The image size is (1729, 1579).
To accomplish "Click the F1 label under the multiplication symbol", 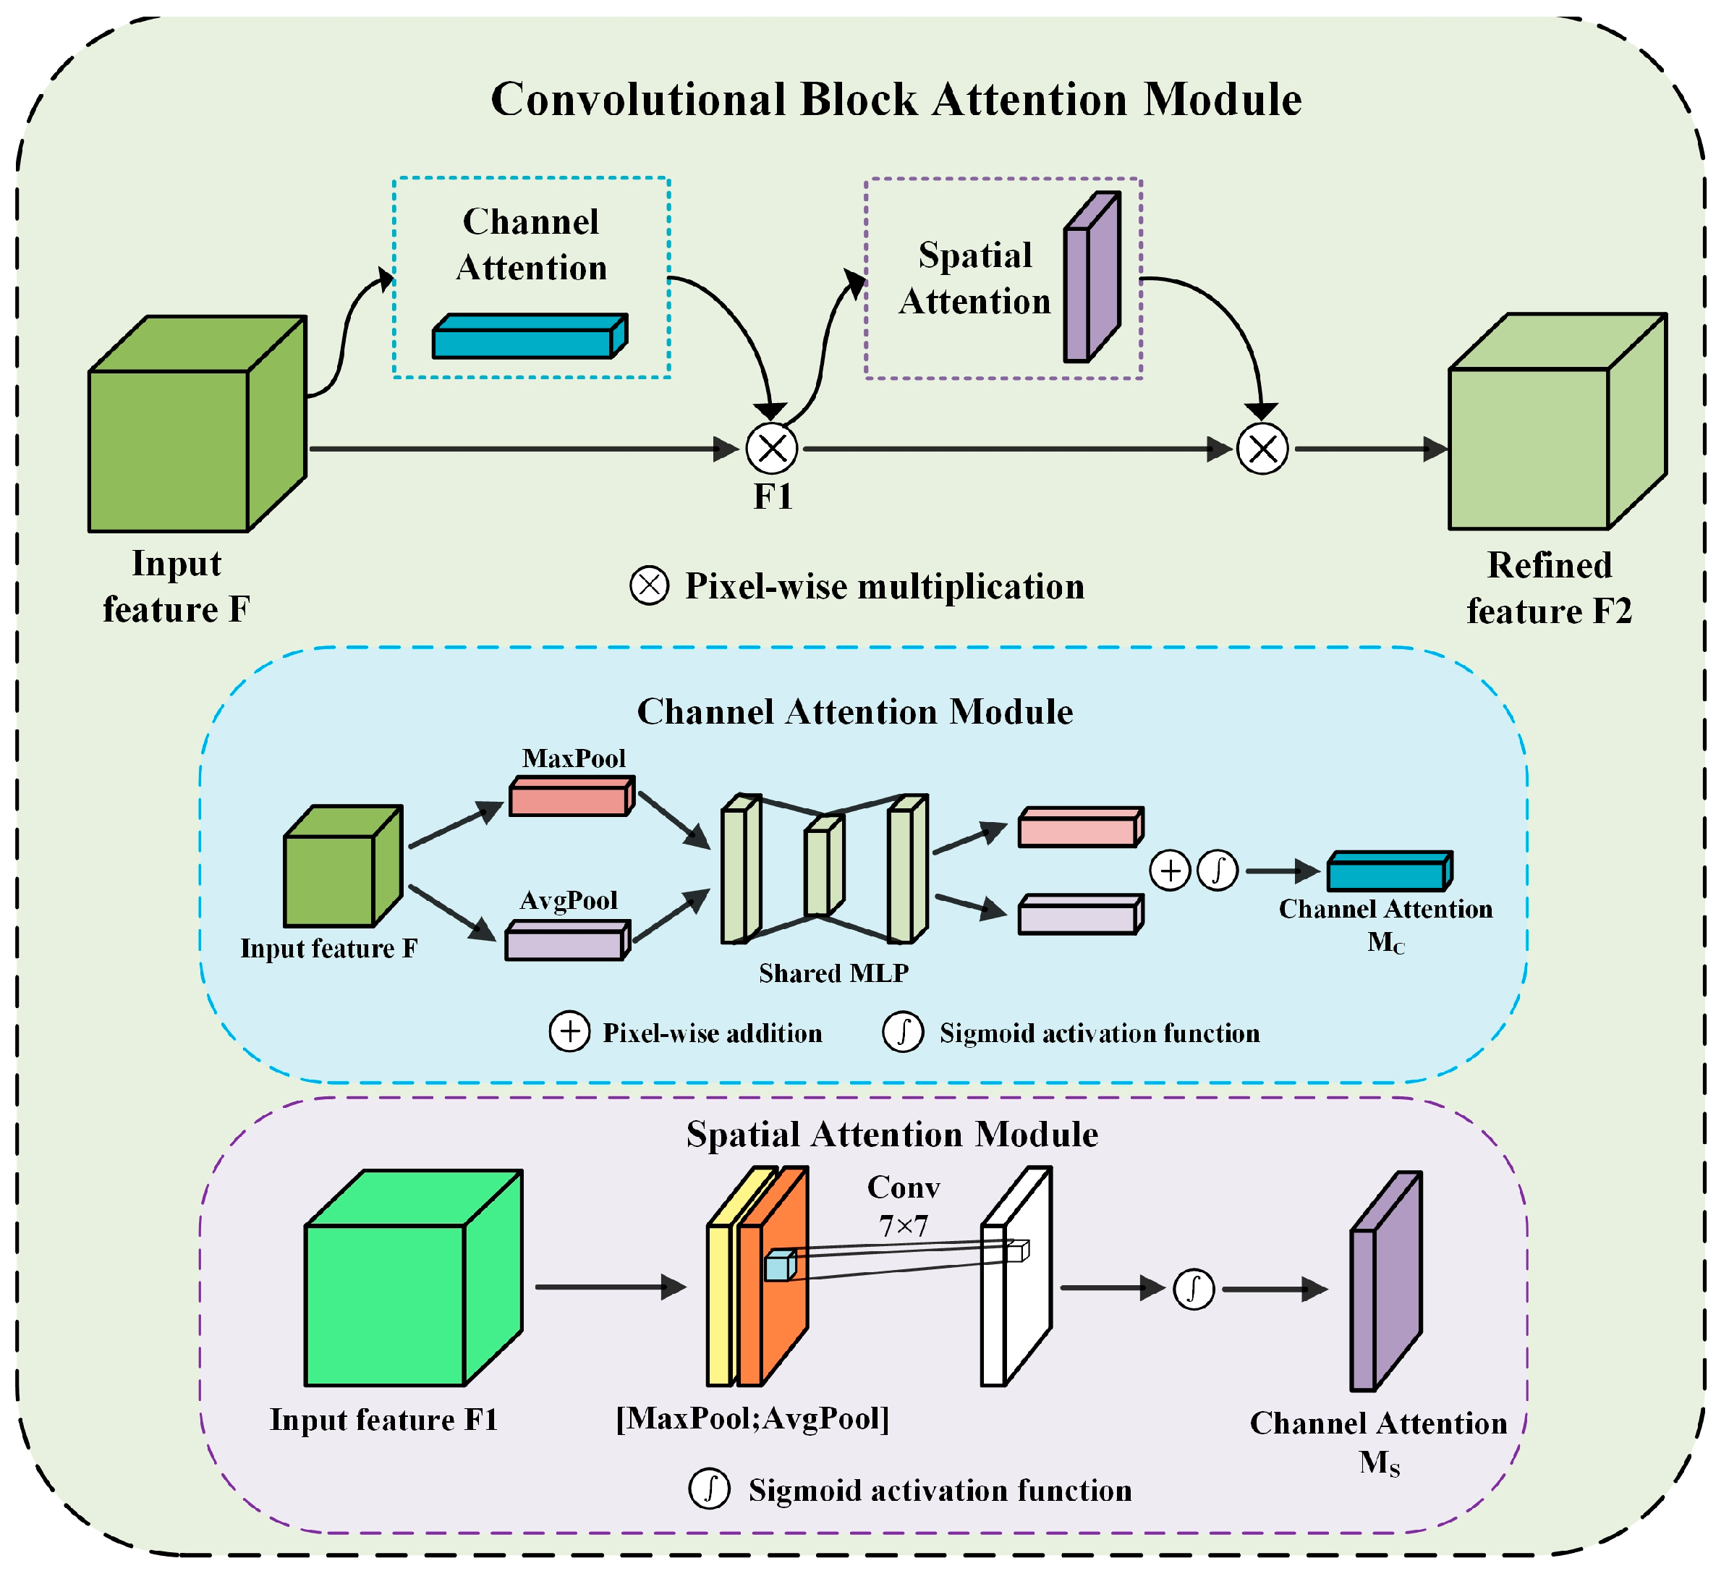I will click(773, 497).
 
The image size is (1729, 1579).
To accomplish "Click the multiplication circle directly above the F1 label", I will click(772, 448).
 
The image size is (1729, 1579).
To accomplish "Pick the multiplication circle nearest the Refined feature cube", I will click(1262, 448).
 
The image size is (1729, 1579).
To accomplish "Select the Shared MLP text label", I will click(833, 973).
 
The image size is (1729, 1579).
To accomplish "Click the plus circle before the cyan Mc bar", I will click(1170, 871).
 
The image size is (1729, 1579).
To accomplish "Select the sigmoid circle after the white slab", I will click(1193, 1288).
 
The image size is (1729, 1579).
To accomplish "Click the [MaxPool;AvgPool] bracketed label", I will click(752, 1418).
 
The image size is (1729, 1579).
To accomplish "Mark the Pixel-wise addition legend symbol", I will click(569, 1032).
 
